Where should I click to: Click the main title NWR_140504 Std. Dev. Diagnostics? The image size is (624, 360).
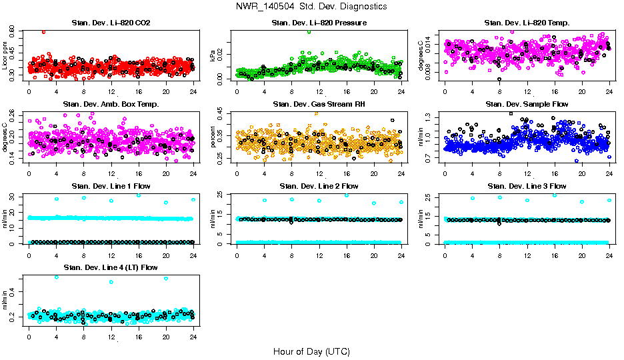point(311,6)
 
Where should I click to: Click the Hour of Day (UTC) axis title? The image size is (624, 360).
point(311,351)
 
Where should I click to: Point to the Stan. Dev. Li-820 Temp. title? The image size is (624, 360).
point(527,23)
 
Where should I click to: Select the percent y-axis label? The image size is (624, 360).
point(213,137)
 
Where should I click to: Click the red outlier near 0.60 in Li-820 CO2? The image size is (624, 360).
point(43,31)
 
